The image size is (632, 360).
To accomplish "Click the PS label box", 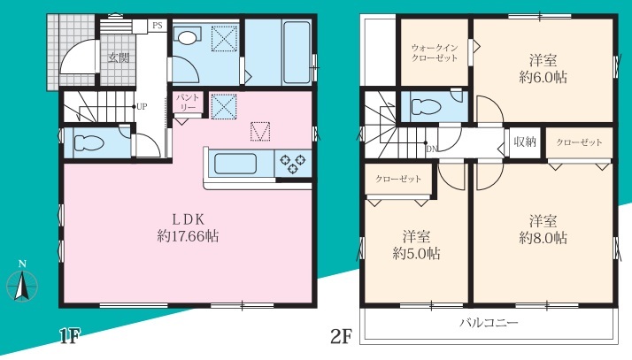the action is pyautogui.click(x=158, y=26).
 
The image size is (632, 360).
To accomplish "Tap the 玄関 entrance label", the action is pyautogui.click(x=119, y=58).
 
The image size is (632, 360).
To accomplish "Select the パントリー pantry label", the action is pyautogui.click(x=188, y=103).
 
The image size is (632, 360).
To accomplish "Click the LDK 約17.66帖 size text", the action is pyautogui.click(x=188, y=236).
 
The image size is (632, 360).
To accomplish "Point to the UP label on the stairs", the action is pyautogui.click(x=142, y=107).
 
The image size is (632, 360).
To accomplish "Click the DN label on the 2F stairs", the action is pyautogui.click(x=432, y=149).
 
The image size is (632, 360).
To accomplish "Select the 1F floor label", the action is pyautogui.click(x=70, y=336).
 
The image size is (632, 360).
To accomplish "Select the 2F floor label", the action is pyautogui.click(x=342, y=336).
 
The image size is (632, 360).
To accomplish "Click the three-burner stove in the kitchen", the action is pyautogui.click(x=293, y=163).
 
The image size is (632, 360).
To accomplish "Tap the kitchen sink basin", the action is pyautogui.click(x=235, y=164).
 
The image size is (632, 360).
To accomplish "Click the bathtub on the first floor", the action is pyautogui.click(x=297, y=51).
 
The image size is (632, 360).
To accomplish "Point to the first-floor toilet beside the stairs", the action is pyautogui.click(x=89, y=143).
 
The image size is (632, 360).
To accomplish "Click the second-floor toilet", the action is pyautogui.click(x=426, y=107).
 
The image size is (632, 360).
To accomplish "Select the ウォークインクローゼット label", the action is pyautogui.click(x=435, y=53).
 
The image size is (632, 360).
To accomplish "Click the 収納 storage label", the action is pyautogui.click(x=525, y=142).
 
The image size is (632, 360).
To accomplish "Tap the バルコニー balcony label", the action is pyautogui.click(x=489, y=323).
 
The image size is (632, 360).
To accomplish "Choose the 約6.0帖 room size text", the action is pyautogui.click(x=543, y=77).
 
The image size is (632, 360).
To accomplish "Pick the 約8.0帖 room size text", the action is pyautogui.click(x=543, y=238).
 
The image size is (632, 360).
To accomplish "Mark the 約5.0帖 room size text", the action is pyautogui.click(x=416, y=253).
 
